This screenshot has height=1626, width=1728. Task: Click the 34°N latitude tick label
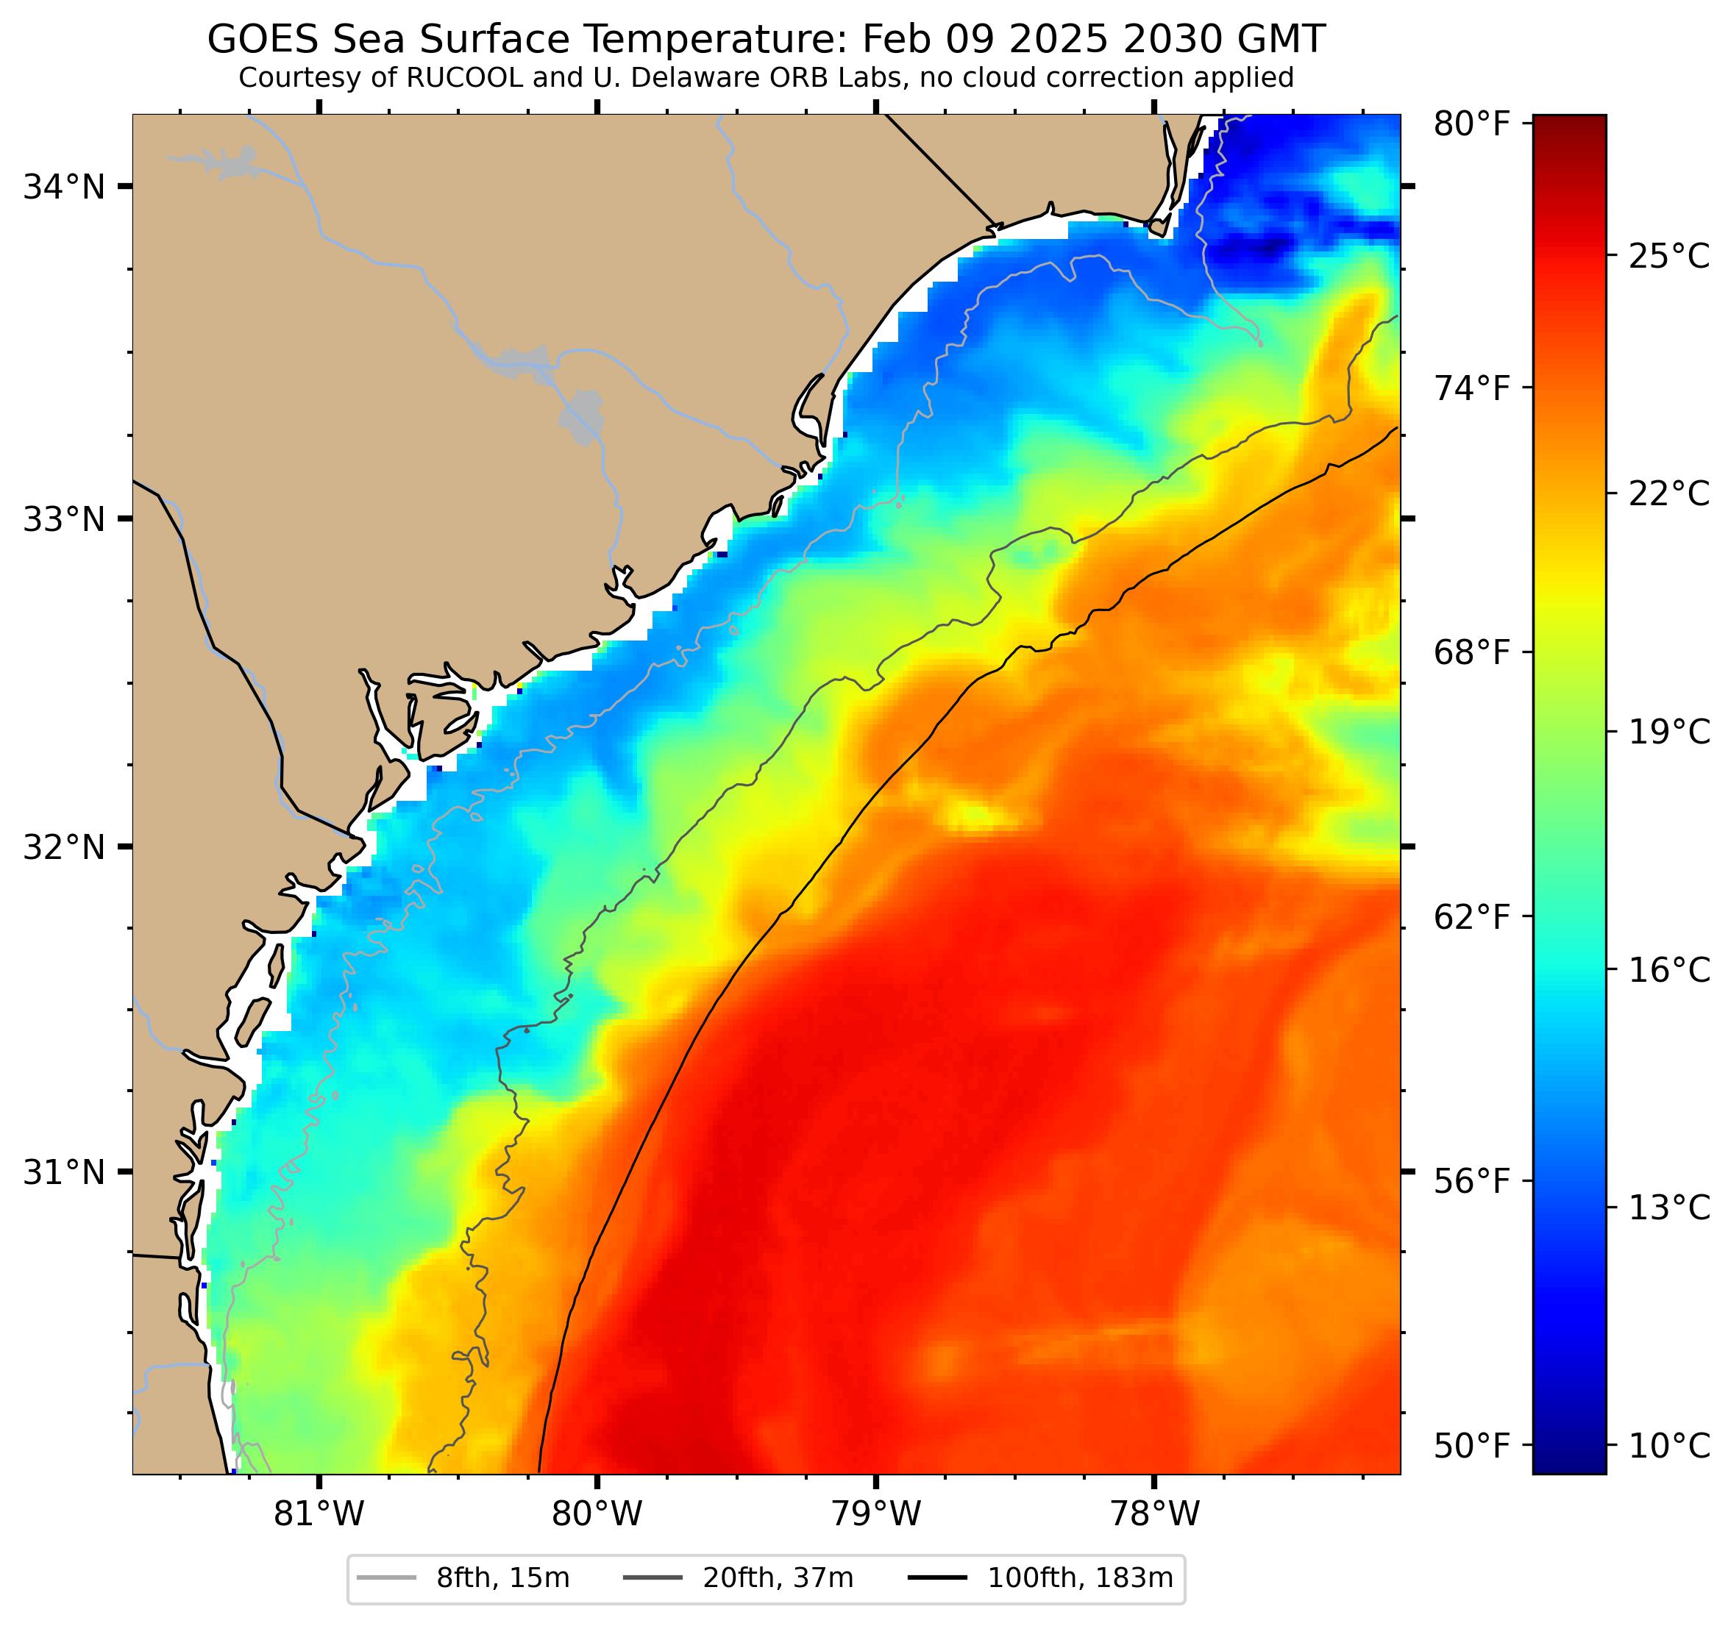(x=63, y=187)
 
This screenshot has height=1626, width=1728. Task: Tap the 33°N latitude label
(x=63, y=520)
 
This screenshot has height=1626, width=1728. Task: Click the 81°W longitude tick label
(x=319, y=1515)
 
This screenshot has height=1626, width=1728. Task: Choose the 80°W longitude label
(x=597, y=1515)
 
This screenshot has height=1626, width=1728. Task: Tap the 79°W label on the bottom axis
(x=875, y=1515)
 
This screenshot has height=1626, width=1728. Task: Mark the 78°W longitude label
(x=1154, y=1515)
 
